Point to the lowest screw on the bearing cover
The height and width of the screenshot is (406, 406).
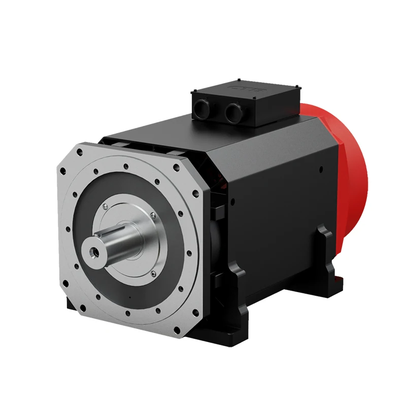pyautogui.click(x=154, y=274)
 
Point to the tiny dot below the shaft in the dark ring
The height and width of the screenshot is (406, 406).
pyautogui.click(x=130, y=296)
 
